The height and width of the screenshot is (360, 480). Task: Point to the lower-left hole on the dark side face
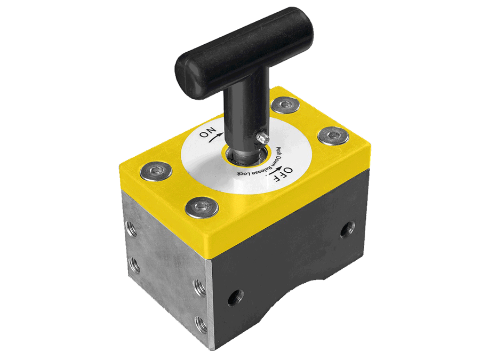tap(234, 298)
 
